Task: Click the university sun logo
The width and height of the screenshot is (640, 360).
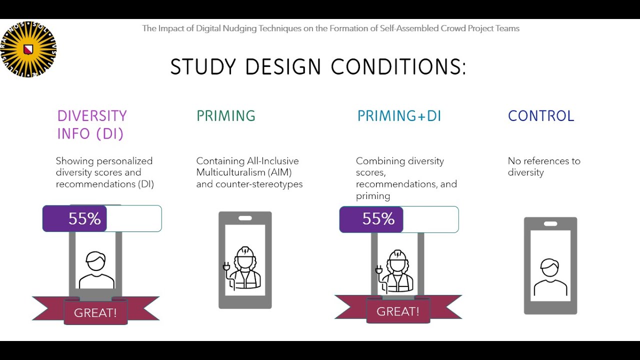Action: [28, 49]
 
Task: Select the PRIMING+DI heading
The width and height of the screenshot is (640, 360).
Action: [399, 116]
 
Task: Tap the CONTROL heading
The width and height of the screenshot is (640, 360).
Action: [541, 116]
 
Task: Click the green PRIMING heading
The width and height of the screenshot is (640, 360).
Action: [225, 116]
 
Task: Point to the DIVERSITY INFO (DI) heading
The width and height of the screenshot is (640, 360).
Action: [92, 124]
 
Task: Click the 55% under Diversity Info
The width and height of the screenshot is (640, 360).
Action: [84, 219]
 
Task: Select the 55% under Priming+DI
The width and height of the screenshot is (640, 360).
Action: [378, 219]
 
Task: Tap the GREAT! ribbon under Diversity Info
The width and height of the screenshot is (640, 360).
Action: [95, 313]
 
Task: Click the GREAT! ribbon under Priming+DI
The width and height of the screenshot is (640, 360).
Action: [398, 311]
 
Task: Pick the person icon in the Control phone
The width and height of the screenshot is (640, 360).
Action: [550, 277]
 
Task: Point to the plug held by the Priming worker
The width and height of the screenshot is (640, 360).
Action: [226, 269]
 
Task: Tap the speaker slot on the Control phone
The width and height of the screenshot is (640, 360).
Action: [550, 223]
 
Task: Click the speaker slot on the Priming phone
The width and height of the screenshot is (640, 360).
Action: [245, 218]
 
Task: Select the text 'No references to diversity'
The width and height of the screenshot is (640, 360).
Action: [544, 166]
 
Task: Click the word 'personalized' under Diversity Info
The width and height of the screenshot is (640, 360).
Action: [124, 161]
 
